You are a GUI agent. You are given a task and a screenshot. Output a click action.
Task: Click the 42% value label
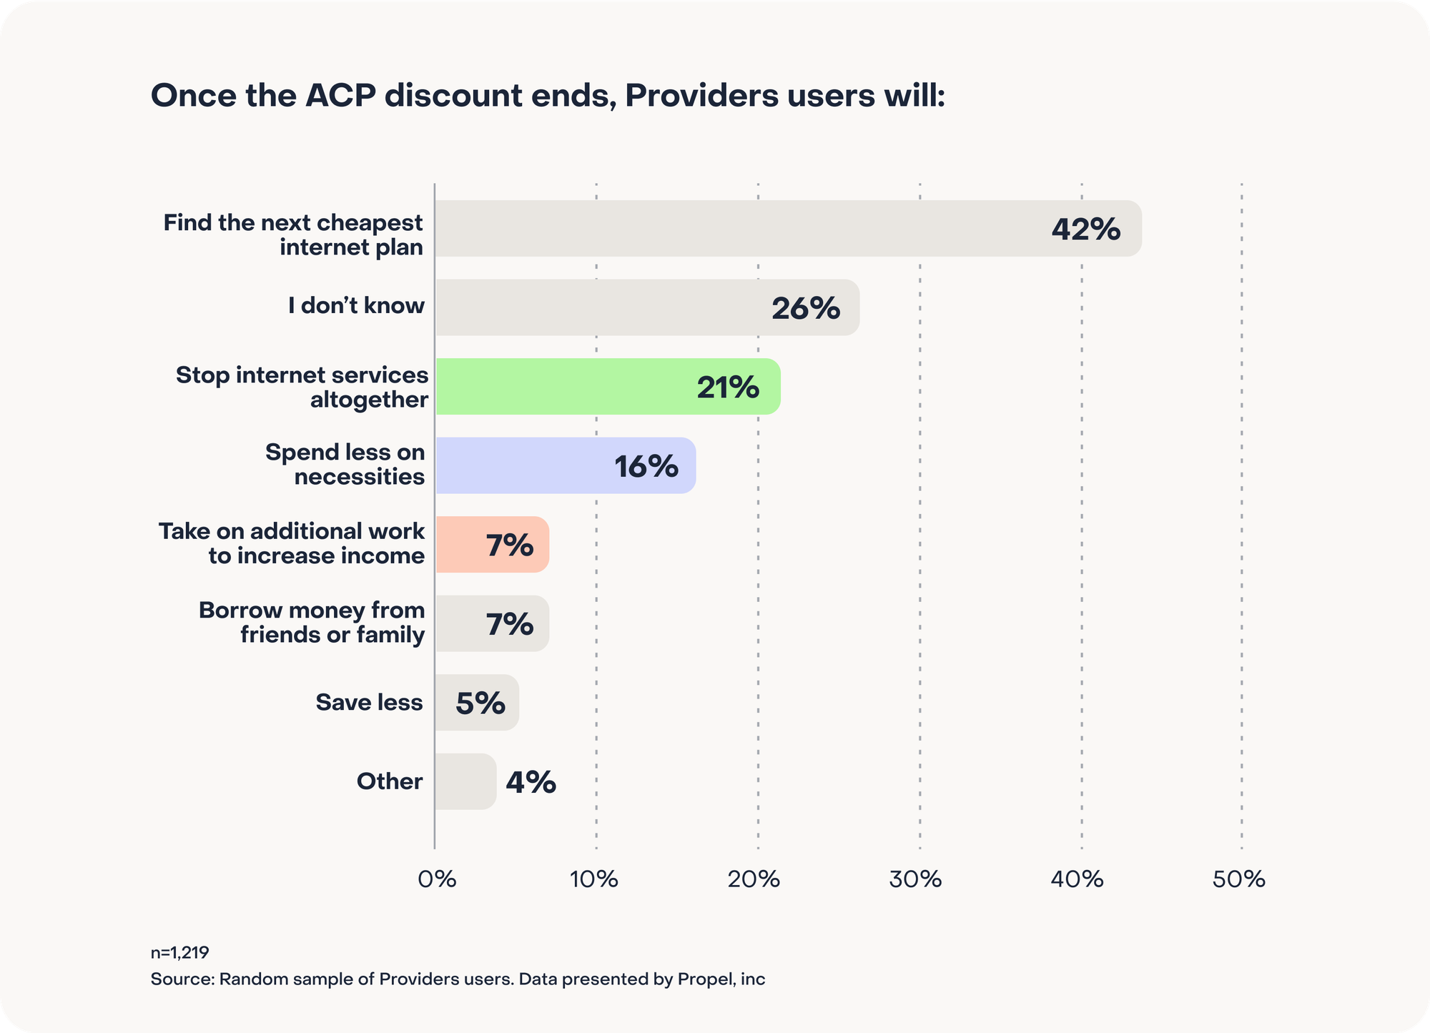(1085, 229)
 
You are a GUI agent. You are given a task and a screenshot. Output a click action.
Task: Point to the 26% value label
(805, 308)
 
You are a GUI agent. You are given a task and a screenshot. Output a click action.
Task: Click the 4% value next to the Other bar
(531, 782)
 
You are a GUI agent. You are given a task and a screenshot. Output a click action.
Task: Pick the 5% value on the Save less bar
(480, 703)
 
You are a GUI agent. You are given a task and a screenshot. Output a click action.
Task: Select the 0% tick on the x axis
(437, 879)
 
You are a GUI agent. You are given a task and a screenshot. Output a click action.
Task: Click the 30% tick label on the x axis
(915, 879)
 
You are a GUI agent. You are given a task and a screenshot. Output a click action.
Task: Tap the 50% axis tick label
(1238, 879)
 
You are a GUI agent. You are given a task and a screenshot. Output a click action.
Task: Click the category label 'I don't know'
(356, 306)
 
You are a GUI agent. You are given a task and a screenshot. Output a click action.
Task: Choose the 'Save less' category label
(369, 702)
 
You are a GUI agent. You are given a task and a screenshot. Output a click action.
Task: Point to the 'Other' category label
(390, 781)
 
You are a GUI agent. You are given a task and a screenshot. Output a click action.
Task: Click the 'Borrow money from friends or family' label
(312, 622)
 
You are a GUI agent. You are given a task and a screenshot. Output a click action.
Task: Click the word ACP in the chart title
(340, 96)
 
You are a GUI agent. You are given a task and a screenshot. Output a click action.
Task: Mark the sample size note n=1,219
(179, 952)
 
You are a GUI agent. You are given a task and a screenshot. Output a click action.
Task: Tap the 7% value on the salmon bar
(509, 545)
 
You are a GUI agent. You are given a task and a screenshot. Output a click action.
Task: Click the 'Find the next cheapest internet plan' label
(293, 234)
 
